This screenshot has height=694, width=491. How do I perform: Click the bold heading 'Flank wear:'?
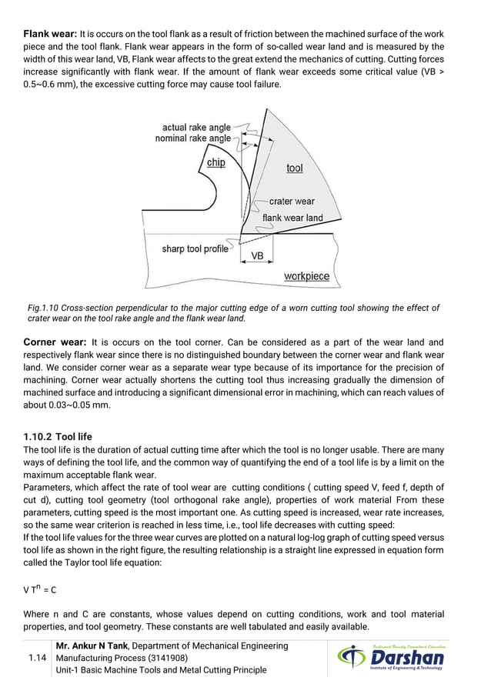50,34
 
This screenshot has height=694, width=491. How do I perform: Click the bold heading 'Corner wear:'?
55,342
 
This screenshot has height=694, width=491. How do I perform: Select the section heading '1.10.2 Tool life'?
58,436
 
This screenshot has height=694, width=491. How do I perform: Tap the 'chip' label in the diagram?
216,162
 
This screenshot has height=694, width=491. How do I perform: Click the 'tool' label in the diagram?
295,168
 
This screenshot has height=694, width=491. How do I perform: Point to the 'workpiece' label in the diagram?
306,276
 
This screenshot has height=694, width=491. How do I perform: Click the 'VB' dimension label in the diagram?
258,255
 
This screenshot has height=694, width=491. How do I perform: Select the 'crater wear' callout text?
292,202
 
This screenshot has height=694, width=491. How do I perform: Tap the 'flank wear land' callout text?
293,218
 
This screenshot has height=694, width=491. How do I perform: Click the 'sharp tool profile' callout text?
195,249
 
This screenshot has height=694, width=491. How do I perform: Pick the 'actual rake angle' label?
196,127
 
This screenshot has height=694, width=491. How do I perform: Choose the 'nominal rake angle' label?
193,138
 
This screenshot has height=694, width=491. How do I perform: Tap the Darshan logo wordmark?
408,658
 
